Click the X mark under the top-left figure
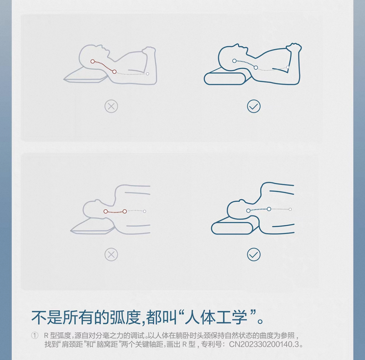click(x=111, y=107)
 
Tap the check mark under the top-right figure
click(x=254, y=107)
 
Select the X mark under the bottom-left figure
click(x=111, y=254)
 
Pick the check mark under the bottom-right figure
click(x=254, y=254)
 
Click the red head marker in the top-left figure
click(x=93, y=61)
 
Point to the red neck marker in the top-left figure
click(x=114, y=72)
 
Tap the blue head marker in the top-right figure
click(x=234, y=61)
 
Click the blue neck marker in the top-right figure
click(x=256, y=68)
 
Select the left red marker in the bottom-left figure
click(x=106, y=211)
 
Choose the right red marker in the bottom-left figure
click(x=125, y=211)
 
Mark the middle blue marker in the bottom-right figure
click(x=269, y=209)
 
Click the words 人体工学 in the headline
click(x=216, y=317)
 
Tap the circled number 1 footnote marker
click(x=35, y=336)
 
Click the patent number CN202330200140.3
click(x=264, y=344)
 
